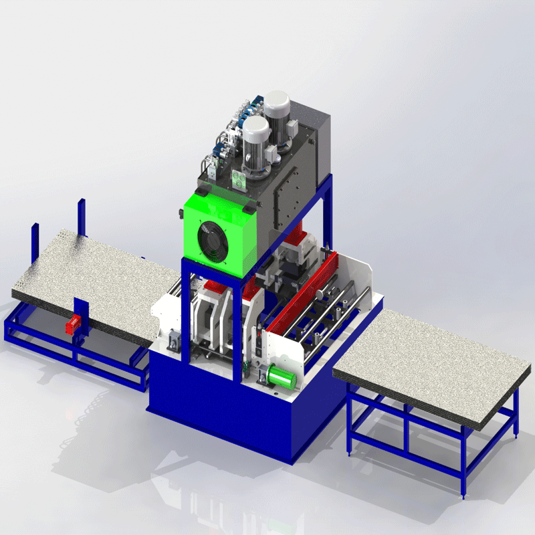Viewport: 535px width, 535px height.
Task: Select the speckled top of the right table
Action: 428,361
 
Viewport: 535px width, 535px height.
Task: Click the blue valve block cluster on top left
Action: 224,140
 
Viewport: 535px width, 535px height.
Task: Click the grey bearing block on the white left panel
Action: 175,341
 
